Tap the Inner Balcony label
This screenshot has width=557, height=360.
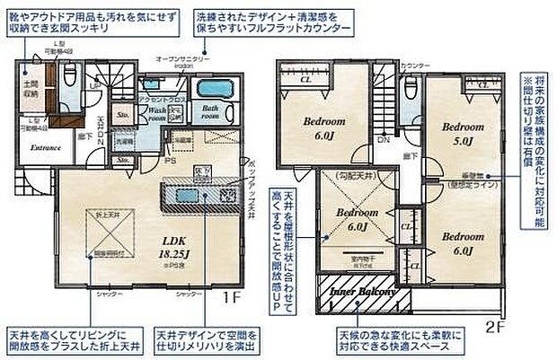(364, 293)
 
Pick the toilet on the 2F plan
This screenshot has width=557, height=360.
(410, 90)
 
